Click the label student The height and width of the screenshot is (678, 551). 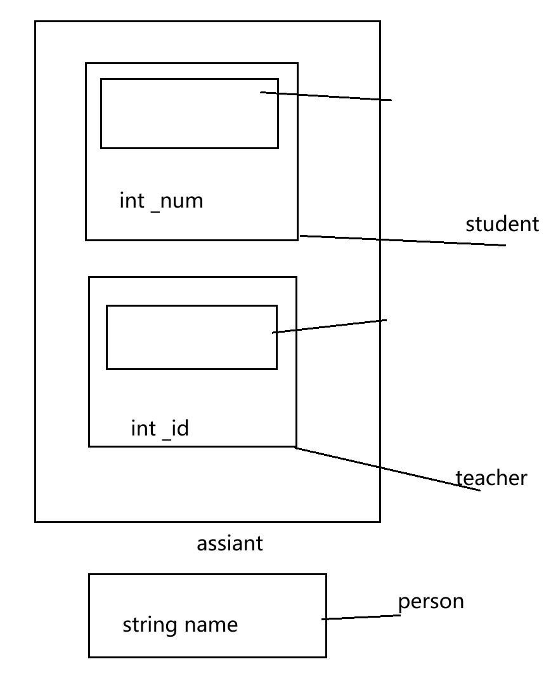tap(502, 224)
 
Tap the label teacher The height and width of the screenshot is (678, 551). tap(491, 477)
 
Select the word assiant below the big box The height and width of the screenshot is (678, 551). tap(230, 543)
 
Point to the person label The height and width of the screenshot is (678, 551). tap(431, 601)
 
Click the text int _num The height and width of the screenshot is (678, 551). tap(161, 201)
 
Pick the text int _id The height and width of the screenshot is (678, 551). tap(160, 429)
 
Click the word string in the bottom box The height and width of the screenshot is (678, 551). tap(150, 625)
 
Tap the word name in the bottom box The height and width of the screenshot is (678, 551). tap(211, 625)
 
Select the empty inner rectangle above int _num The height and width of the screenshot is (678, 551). tap(189, 113)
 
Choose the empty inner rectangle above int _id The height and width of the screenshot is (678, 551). tap(191, 337)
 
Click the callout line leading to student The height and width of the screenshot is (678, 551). tap(403, 240)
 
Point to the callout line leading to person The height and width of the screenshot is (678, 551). tap(361, 618)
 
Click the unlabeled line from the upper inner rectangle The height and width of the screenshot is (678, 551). tap(327, 96)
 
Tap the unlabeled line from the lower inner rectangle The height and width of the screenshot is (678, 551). tap(330, 326)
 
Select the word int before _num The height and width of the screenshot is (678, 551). tap(132, 201)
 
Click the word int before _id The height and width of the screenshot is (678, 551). tap(143, 429)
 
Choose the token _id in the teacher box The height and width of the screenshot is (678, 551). tap(176, 429)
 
